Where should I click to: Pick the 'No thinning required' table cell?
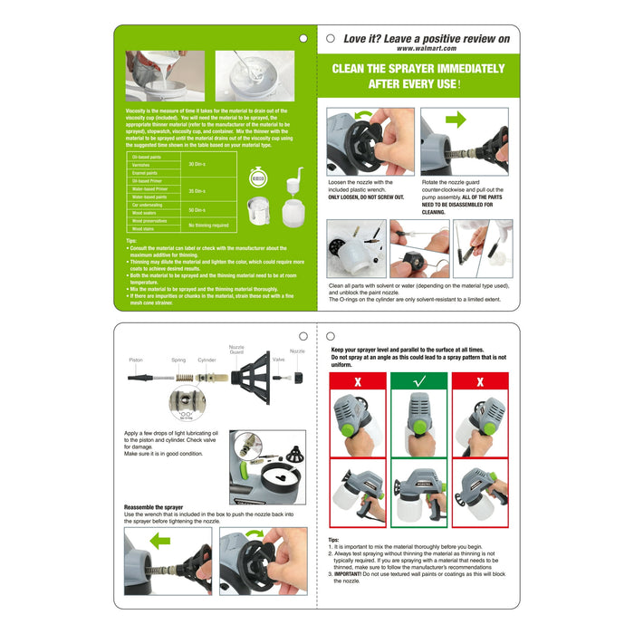(x=207, y=225)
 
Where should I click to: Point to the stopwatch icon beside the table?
(x=258, y=178)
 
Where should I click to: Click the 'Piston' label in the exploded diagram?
(x=135, y=360)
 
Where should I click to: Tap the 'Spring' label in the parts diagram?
(x=178, y=360)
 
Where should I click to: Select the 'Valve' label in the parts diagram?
(x=279, y=360)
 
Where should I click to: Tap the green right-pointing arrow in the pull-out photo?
(x=456, y=119)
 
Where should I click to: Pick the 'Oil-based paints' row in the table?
(x=148, y=157)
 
